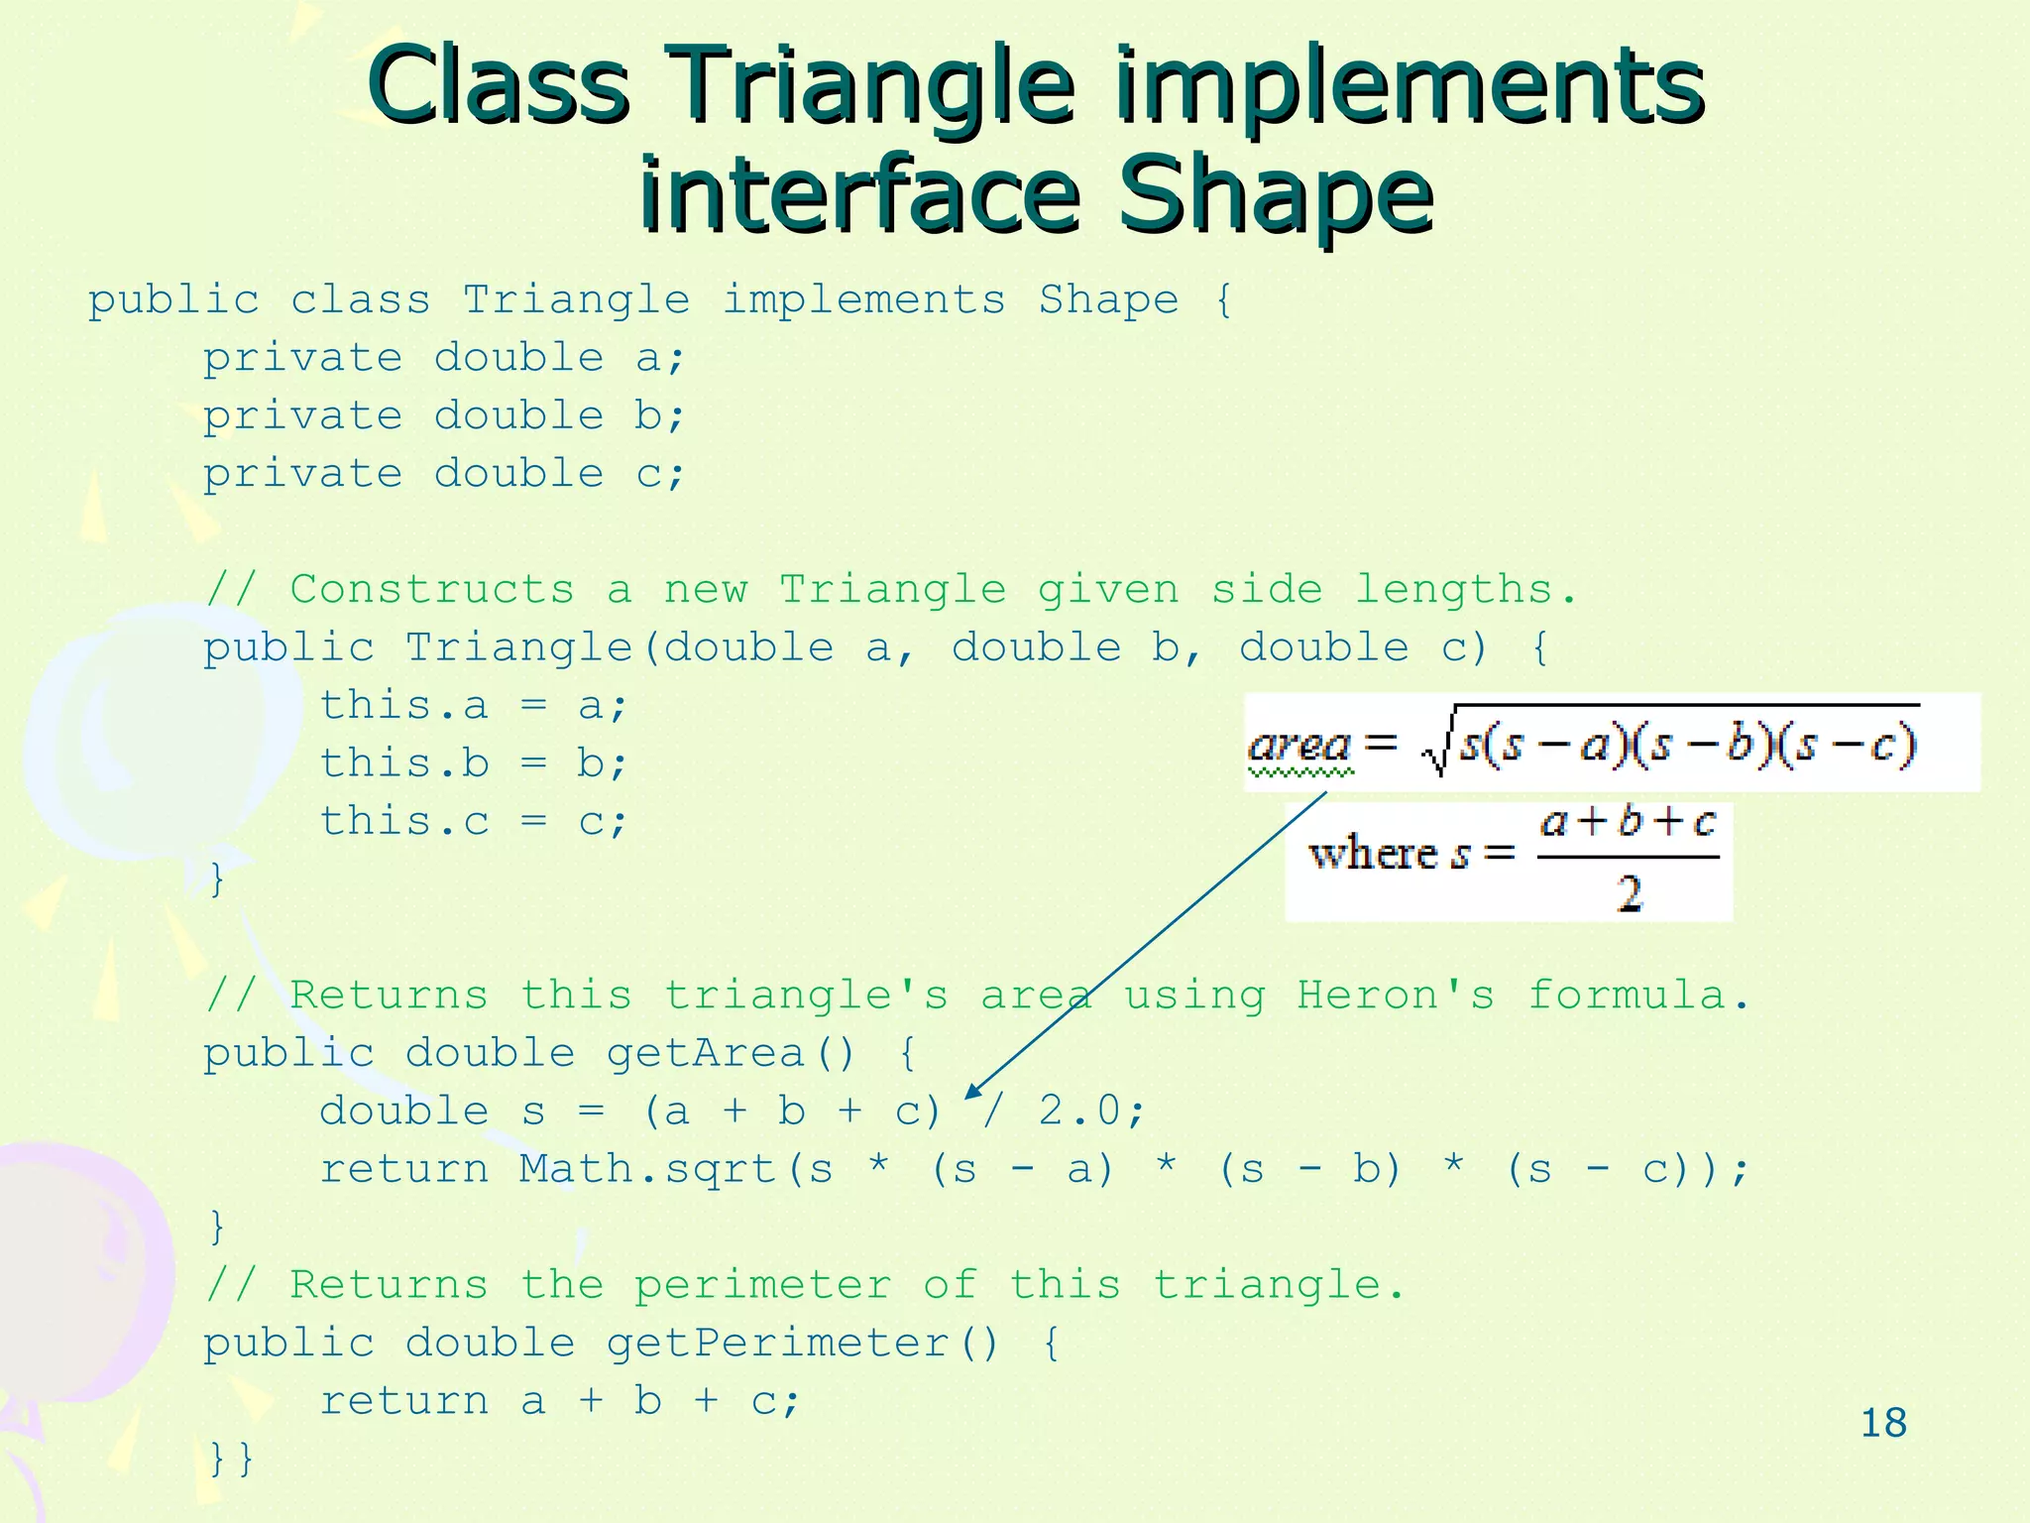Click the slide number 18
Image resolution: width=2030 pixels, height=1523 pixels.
[1883, 1423]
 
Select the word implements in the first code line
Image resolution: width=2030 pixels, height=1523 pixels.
[863, 299]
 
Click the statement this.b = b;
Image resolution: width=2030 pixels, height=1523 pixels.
[473, 763]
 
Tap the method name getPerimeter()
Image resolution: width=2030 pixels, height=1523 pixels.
[801, 1344]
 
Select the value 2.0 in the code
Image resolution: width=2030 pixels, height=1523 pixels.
[1080, 1111]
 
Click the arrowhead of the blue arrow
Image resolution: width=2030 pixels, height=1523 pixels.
[973, 1091]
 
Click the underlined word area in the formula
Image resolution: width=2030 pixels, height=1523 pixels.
[1299, 745]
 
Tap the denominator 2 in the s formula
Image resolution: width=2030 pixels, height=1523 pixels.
[1629, 893]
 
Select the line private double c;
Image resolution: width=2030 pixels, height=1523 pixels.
[444, 474]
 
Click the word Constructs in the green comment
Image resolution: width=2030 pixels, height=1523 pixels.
[431, 590]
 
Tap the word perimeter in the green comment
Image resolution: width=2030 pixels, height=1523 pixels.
[762, 1285]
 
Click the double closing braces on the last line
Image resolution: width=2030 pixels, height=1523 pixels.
[232, 1458]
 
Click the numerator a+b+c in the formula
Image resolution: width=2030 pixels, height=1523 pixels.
[1628, 823]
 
